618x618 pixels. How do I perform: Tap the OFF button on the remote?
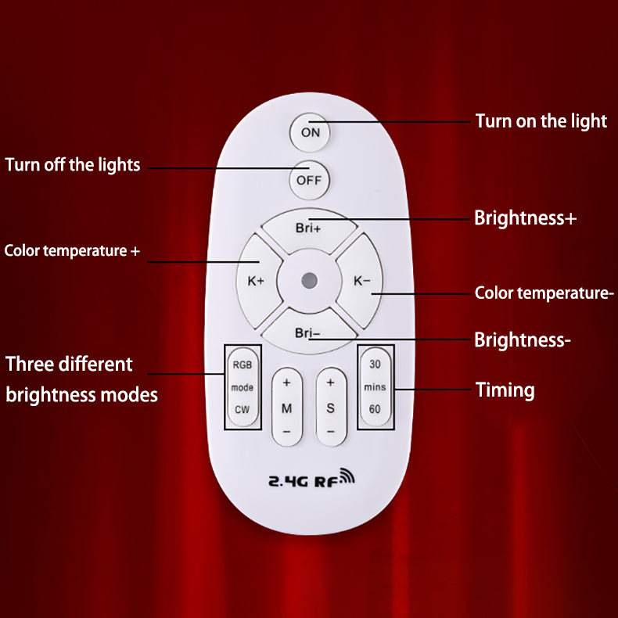click(x=309, y=181)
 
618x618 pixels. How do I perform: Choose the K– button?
click(x=361, y=281)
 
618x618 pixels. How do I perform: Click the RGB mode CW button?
click(x=243, y=386)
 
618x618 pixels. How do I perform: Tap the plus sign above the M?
click(x=287, y=383)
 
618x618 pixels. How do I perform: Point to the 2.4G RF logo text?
click(x=311, y=480)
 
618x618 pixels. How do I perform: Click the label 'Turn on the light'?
click(x=541, y=121)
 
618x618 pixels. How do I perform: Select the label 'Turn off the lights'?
click(x=73, y=165)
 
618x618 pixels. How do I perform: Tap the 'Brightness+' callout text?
click(x=526, y=218)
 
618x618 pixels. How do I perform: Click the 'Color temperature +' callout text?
click(x=72, y=251)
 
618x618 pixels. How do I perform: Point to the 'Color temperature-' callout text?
click(x=544, y=293)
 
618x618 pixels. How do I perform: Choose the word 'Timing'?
click(x=505, y=390)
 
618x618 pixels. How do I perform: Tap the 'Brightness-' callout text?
click(x=523, y=340)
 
